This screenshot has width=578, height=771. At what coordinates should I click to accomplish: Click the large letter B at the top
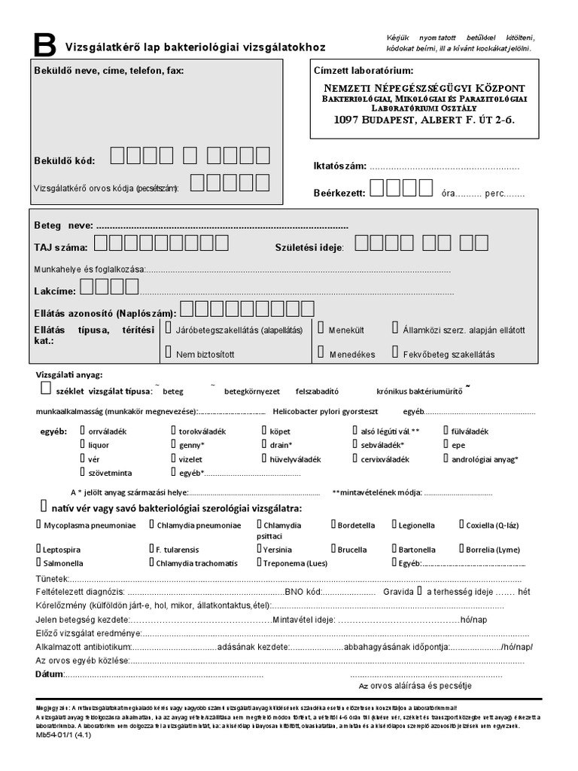click(x=44, y=46)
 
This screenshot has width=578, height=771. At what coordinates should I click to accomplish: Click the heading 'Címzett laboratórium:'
click(x=363, y=70)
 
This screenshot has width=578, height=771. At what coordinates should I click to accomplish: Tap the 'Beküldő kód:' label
click(x=65, y=161)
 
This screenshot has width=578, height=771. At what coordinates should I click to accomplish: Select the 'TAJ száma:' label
click(x=61, y=247)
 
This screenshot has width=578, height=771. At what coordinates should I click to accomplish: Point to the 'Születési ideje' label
click(x=309, y=247)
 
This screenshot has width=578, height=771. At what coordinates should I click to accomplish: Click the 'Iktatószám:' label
click(x=339, y=166)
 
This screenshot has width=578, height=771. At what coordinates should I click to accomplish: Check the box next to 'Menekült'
click(x=321, y=329)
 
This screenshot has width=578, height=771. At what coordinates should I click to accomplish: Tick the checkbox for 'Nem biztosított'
click(x=167, y=352)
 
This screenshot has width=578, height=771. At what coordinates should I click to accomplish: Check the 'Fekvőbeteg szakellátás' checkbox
click(x=395, y=352)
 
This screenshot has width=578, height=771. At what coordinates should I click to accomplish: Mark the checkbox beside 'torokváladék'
click(x=174, y=431)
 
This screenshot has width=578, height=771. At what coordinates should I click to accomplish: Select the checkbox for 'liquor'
click(x=83, y=444)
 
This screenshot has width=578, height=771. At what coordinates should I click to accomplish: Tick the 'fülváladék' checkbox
click(x=445, y=431)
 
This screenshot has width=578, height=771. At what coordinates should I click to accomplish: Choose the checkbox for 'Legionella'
click(x=395, y=524)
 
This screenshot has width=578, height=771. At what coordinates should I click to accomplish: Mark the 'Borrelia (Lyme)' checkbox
click(x=461, y=549)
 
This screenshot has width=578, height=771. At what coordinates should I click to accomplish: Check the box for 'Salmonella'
click(x=38, y=562)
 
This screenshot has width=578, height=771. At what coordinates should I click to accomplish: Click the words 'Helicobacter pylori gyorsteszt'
click(x=326, y=412)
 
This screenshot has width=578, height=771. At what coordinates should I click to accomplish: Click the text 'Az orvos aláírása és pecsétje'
click(x=415, y=685)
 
